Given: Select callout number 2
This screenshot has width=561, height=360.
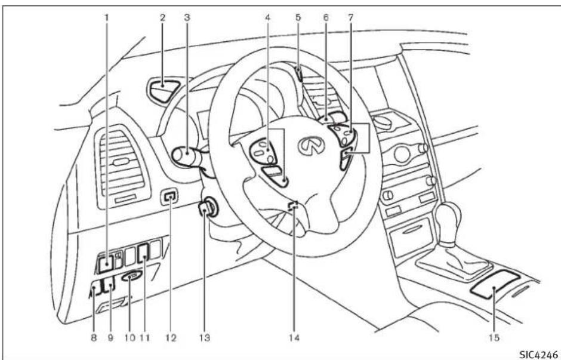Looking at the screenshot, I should click(x=161, y=18).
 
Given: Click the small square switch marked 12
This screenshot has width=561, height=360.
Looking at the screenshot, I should click(x=171, y=196).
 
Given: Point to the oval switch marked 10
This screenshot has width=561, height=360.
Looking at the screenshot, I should click(x=132, y=276).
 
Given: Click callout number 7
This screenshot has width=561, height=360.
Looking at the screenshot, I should click(x=351, y=18).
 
